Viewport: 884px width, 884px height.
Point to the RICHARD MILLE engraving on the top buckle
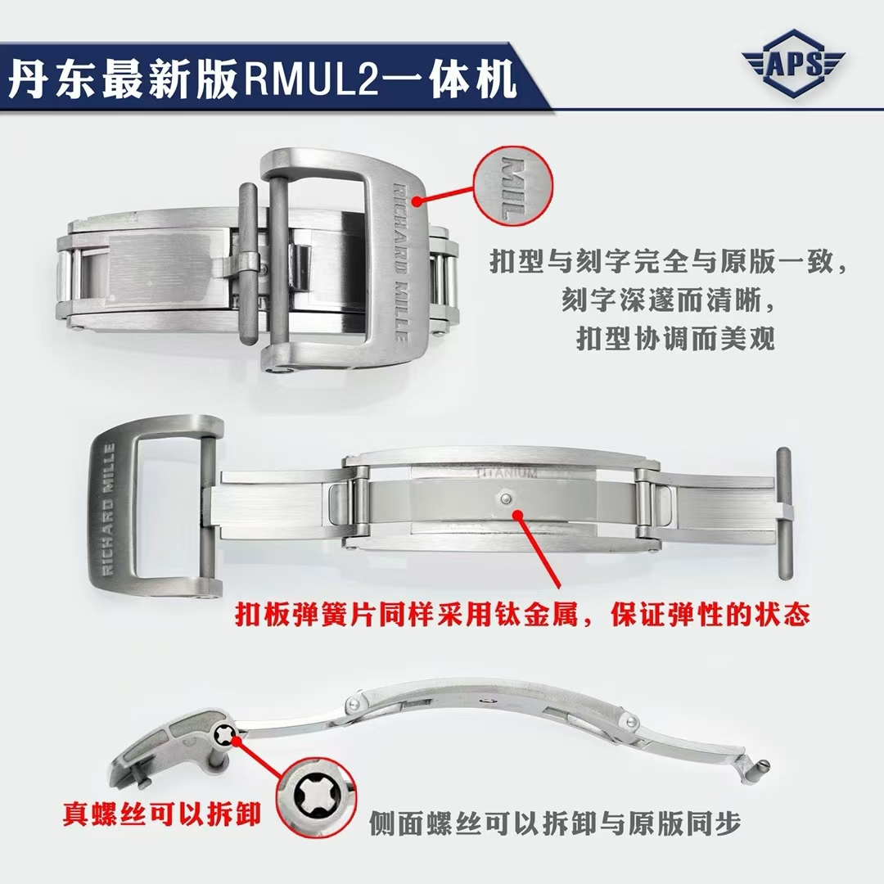pos(400,262)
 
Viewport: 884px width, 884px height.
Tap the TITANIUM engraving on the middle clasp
pos(507,472)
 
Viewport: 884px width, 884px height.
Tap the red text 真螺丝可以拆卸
pos(161,814)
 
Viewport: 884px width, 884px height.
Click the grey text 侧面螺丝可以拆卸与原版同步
pos(555,823)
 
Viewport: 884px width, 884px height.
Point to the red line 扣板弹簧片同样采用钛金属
pos(522,614)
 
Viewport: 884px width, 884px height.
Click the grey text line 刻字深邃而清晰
pos(668,300)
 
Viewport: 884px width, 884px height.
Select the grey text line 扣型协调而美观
pos(675,338)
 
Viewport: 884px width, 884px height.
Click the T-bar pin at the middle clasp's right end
pos(783,513)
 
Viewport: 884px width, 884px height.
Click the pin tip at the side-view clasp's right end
pos(763,765)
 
